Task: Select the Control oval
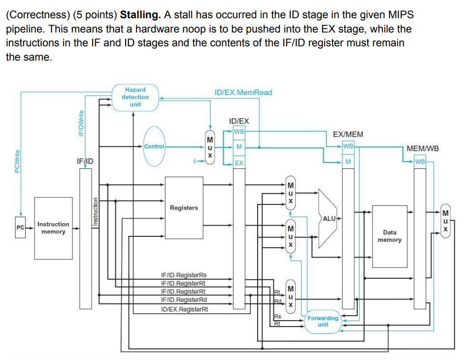(155, 146)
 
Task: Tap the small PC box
(21, 228)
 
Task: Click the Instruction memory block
(53, 228)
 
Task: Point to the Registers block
(184, 208)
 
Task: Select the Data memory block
(389, 236)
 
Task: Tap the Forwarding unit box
(323, 321)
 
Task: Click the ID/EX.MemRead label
(243, 92)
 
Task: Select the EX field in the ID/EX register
(239, 163)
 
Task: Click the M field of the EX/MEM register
(348, 162)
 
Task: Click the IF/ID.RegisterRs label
(184, 275)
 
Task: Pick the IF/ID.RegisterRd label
(184, 299)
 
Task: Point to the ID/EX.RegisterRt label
(184, 309)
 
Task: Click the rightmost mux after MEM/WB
(446, 222)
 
